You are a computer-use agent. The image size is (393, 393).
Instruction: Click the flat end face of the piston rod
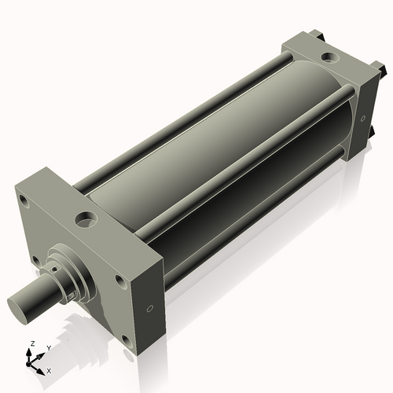20,303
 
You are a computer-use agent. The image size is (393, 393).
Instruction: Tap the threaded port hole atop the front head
86,216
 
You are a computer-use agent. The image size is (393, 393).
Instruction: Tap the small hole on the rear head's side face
363,119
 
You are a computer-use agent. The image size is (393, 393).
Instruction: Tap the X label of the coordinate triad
49,369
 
